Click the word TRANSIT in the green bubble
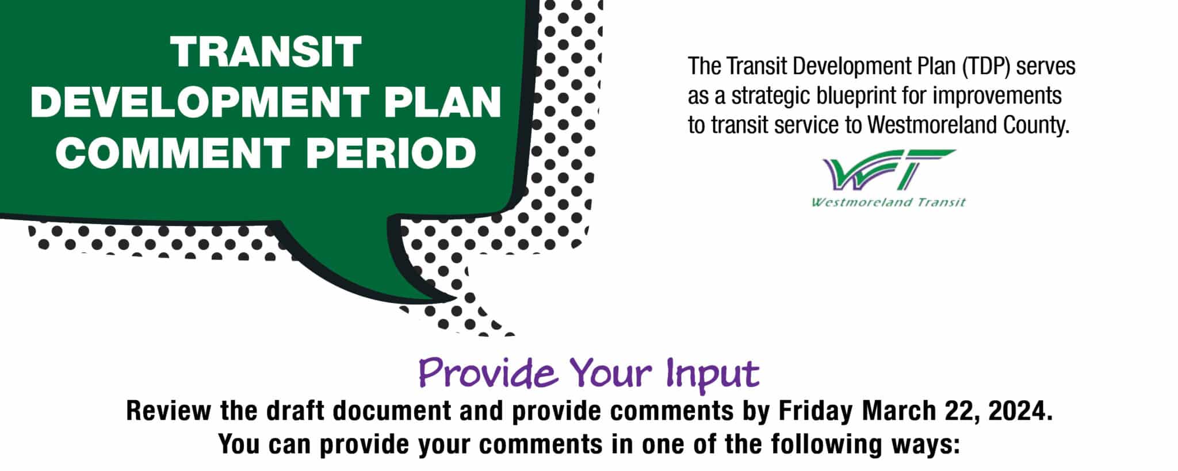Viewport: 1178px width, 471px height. [x=266, y=52]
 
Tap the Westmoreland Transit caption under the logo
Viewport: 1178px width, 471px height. [x=889, y=202]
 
